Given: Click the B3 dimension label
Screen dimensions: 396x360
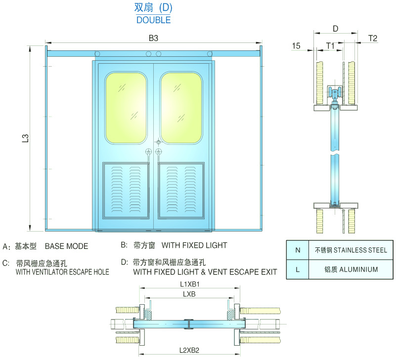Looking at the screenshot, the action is [153, 38].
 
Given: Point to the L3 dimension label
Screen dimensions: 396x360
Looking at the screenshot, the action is [26, 138].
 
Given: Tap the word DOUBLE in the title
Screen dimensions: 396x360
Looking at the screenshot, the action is [154, 20].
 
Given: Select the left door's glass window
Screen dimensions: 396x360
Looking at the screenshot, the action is [126, 108].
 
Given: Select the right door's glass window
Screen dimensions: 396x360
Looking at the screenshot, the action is [181, 108].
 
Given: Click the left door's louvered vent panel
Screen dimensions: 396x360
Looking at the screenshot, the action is [126, 190].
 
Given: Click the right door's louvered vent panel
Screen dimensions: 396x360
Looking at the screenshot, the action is [181, 190].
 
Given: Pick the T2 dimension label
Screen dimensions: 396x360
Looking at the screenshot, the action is [372, 38].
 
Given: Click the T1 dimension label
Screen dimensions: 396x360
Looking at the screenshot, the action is [330, 45].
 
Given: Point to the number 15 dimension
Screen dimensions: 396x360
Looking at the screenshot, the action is [296, 45].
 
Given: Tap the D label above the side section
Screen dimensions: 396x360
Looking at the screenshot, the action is [335, 29].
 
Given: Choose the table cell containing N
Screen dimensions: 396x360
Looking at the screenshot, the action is [298, 250].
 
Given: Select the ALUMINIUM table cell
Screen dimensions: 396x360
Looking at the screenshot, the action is [351, 270].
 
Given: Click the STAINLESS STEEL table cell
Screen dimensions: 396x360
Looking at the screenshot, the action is [351, 250].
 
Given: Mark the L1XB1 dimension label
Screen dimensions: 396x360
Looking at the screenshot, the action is [190, 284].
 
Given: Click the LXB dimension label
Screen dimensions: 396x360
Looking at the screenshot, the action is [189, 294].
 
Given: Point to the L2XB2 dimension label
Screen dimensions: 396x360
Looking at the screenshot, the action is [189, 350].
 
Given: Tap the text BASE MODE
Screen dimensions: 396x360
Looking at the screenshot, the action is [66, 246].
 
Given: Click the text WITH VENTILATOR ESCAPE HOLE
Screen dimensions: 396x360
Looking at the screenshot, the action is [62, 272].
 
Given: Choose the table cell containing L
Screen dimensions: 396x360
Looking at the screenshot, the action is [298, 270].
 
